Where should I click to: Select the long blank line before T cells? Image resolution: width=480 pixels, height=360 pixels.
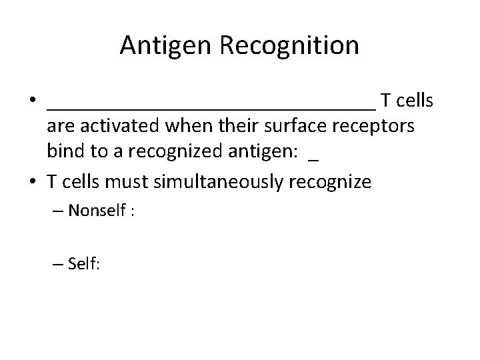(x=211, y=106)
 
